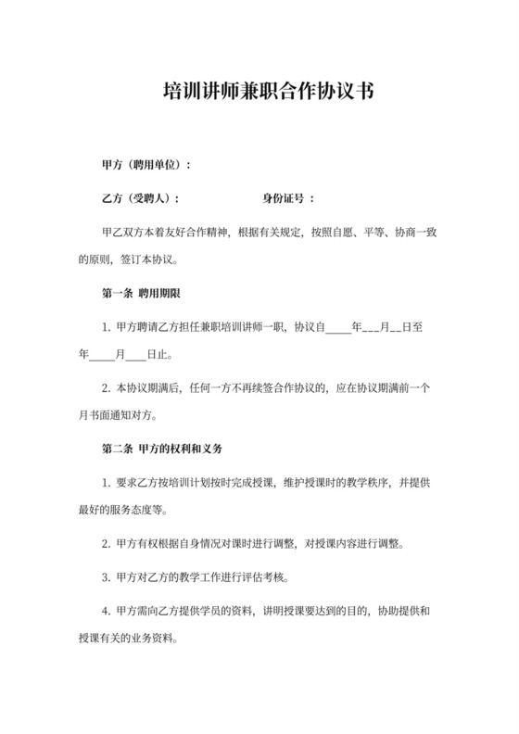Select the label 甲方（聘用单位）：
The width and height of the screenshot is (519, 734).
click(x=146, y=164)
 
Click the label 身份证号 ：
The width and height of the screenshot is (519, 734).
click(x=289, y=198)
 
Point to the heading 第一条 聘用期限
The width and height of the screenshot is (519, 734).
click(x=141, y=294)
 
